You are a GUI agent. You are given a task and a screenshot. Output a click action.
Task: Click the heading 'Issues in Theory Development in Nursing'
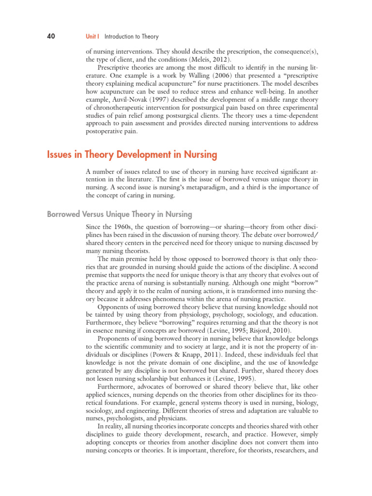(132, 155)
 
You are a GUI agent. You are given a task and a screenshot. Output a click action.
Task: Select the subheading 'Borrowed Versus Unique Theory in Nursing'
(119, 214)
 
